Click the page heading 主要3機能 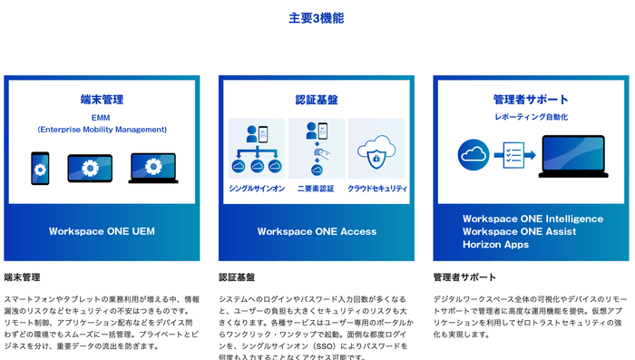tap(317, 18)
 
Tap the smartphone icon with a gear tap(40, 168)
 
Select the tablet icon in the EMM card tap(89, 169)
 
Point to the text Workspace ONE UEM tap(102, 231)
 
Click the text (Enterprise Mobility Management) tap(102, 130)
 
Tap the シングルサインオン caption tap(256, 189)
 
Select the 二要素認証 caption tap(317, 189)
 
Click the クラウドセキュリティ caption tap(376, 189)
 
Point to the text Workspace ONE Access tap(317, 231)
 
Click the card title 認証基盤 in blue tap(317, 99)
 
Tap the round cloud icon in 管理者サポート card tap(473, 154)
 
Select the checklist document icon tap(516, 156)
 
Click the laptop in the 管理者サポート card tap(572, 157)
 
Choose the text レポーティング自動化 tap(531, 117)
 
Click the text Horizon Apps tap(497, 245)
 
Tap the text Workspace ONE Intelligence tap(532, 219)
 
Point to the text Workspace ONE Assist tap(518, 231)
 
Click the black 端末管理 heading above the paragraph tap(22, 277)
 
